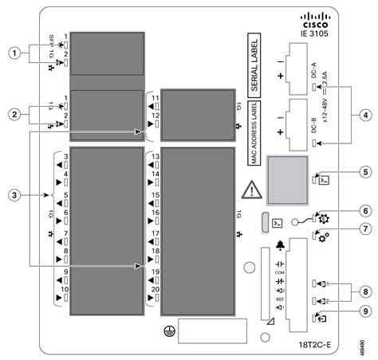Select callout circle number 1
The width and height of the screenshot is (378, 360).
coord(13,53)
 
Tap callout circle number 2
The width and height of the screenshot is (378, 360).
coord(13,114)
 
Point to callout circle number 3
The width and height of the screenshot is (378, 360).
coord(13,194)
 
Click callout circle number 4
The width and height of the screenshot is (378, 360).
coord(363,114)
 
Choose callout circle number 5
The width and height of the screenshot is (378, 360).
coord(363,171)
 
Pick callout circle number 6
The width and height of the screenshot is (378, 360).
coord(363,211)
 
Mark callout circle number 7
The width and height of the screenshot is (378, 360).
coord(363,229)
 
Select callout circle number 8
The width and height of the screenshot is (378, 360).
coord(363,292)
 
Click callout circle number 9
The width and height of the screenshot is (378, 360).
coord(363,312)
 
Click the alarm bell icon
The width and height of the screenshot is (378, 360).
coord(279,245)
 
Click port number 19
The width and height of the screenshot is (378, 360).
coord(156,272)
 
